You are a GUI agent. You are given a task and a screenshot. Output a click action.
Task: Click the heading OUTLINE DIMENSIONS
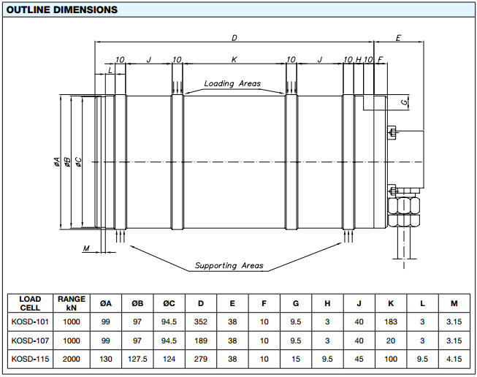62,9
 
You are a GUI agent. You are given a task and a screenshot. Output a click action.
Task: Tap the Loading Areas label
232,84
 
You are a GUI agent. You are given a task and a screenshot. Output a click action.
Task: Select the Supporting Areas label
229,266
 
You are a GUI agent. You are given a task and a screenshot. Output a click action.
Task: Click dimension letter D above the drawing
234,38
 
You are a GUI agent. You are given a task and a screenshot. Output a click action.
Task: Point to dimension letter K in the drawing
234,59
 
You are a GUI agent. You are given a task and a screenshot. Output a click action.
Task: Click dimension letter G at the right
404,102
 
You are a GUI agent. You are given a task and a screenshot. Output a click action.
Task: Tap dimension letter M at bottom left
86,248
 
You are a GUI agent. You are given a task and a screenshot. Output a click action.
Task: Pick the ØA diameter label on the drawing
56,162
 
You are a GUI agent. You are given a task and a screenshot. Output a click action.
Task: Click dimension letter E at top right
398,38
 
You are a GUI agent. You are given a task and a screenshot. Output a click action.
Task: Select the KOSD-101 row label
30,321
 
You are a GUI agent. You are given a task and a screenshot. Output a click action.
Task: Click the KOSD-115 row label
30,359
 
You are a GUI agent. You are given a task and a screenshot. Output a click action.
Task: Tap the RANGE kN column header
72,303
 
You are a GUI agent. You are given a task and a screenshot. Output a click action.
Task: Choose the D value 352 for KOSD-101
201,321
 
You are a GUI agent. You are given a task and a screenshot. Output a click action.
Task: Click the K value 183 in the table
391,321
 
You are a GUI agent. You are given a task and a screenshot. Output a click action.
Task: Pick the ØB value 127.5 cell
137,359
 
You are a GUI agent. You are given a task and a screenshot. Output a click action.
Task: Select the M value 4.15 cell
454,359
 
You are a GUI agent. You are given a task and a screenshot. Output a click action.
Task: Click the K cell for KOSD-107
391,340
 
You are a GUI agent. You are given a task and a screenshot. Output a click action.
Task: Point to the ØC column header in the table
169,303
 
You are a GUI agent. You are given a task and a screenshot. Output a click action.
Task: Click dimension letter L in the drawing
110,70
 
